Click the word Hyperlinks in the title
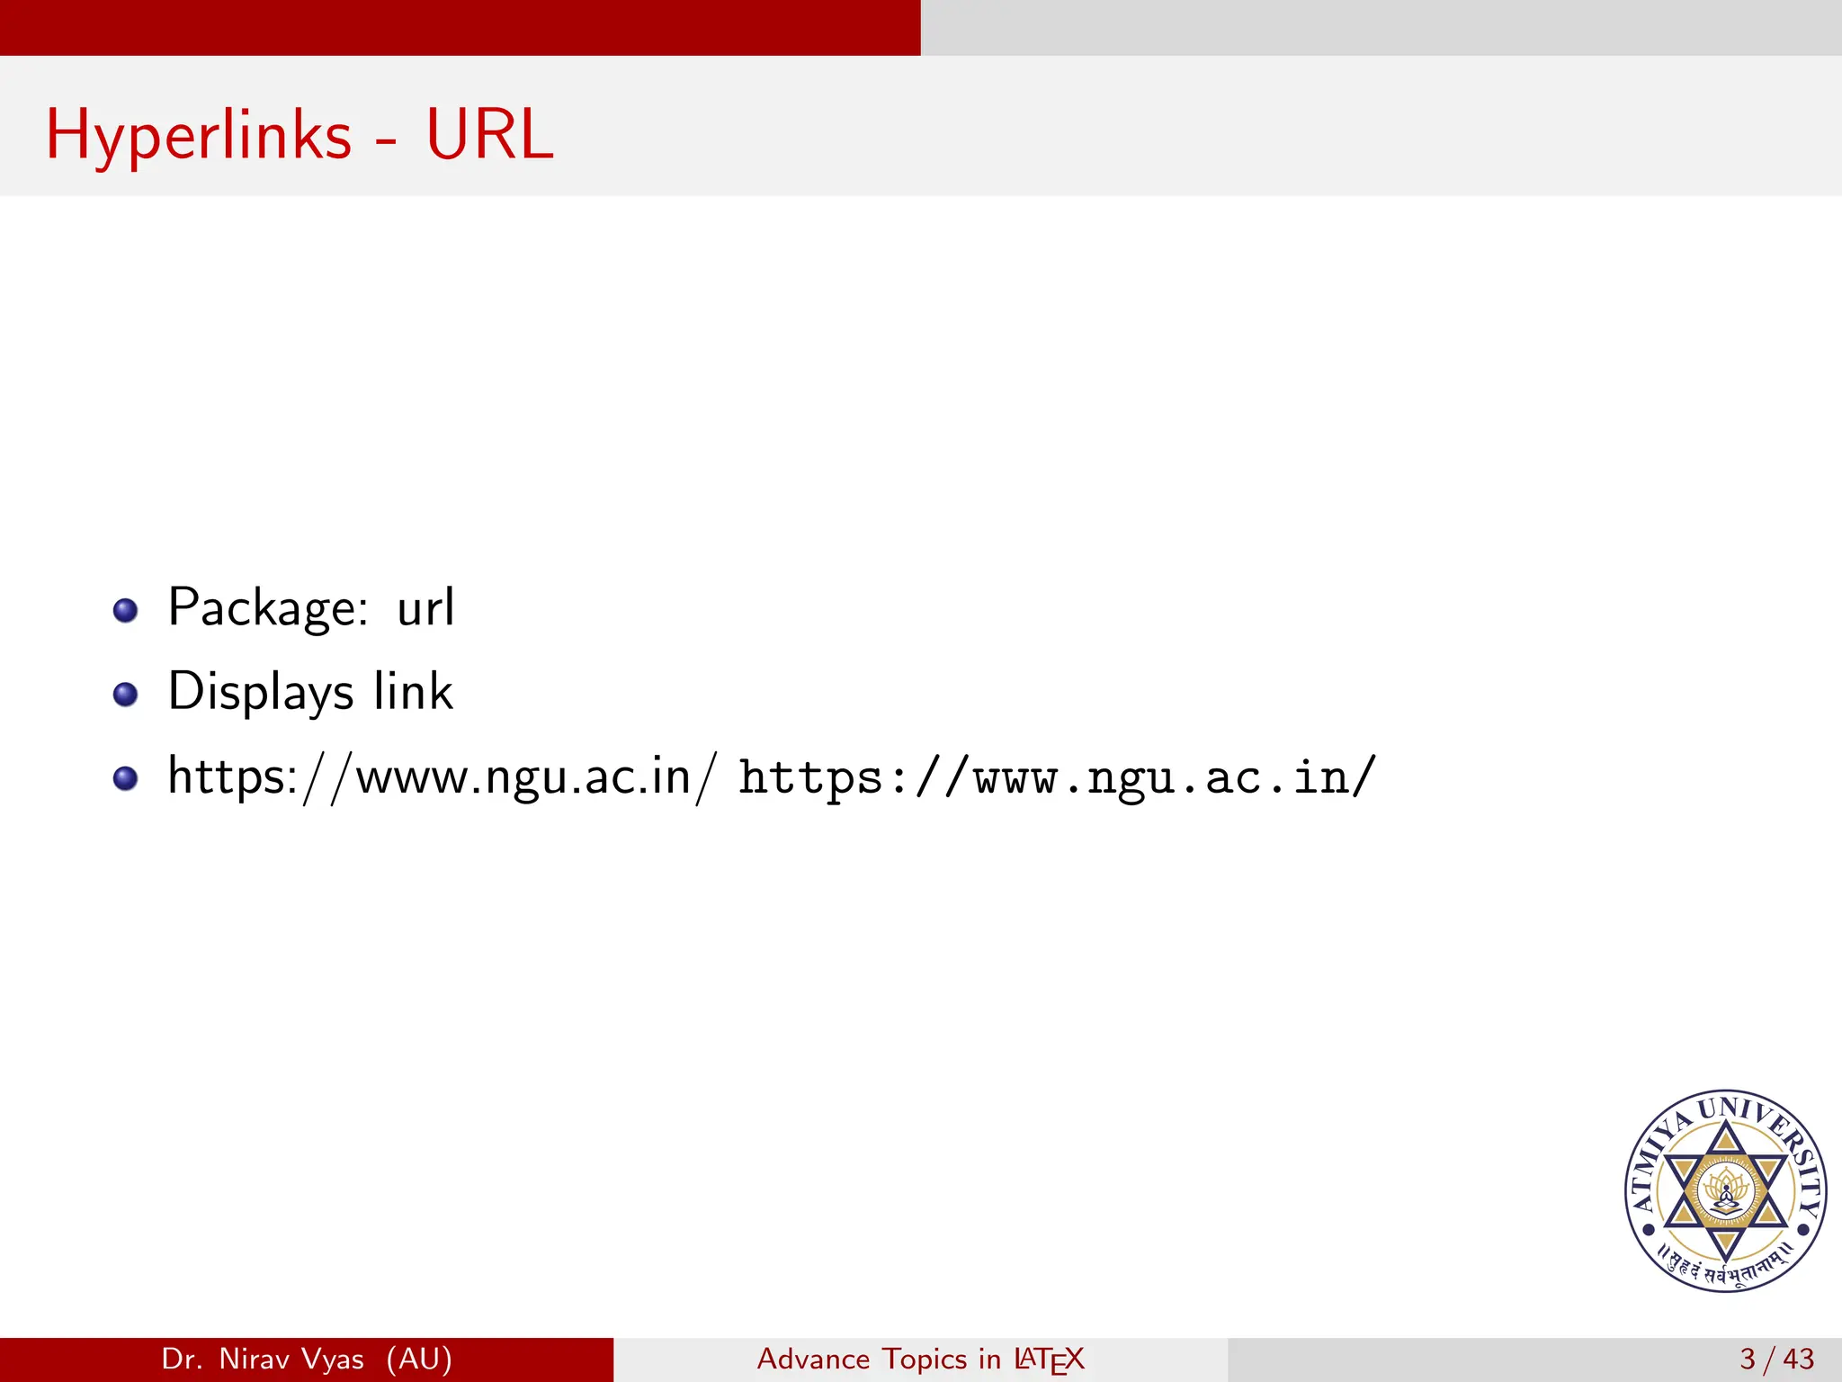199,136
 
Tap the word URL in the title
489,136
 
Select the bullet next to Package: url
126,611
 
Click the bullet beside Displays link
126,695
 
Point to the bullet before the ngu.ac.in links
126,778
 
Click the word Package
268,609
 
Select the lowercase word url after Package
425,607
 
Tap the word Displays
261,693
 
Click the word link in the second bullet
414,691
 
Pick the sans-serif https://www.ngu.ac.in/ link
443,776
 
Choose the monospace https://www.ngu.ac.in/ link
1058,777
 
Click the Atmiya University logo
1725,1191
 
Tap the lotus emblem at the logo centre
1725,1191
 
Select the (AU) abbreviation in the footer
419,1359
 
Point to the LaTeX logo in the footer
1049,1360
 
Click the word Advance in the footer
813,1359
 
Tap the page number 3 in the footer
1748,1359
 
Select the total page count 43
1798,1359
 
